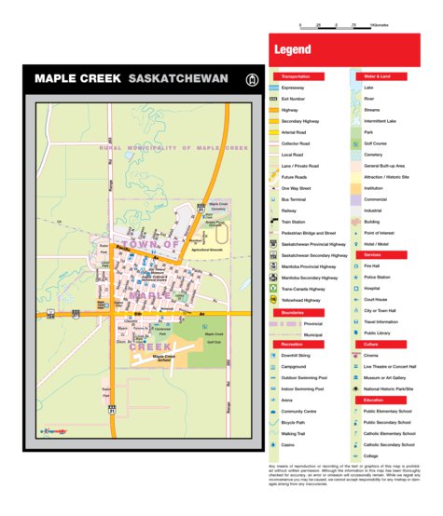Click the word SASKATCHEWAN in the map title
coord(178,79)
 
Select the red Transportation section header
coord(296,75)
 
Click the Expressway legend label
coord(293,88)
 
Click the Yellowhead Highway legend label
coord(303,300)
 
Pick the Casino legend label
coord(289,444)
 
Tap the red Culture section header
coord(371,344)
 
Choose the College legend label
coord(371,455)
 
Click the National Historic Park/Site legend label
coord(389,388)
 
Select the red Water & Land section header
coord(378,75)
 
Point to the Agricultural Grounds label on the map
coord(206,250)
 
